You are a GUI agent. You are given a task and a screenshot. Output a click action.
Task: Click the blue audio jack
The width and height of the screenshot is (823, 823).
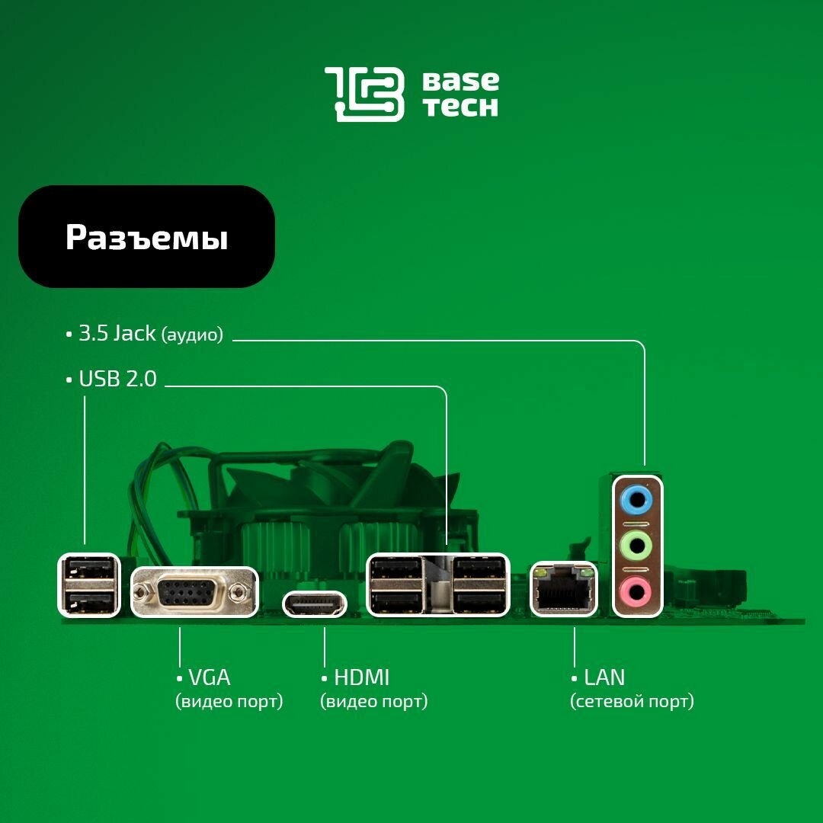coord(637,500)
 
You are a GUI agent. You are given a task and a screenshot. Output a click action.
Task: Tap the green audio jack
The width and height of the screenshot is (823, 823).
coord(637,545)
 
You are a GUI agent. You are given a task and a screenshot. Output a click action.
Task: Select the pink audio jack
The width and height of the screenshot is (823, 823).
coord(637,590)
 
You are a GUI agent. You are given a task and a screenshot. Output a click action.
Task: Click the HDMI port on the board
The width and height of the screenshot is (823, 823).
coord(315,604)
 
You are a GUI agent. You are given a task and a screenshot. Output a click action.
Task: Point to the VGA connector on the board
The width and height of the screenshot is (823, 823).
coord(194,591)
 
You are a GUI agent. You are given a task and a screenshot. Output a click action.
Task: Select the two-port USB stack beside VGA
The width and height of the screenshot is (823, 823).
coord(89,584)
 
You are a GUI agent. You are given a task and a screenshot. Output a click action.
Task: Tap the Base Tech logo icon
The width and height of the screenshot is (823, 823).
coord(364,94)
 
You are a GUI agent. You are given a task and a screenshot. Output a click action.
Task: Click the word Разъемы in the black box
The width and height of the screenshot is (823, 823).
coord(146,237)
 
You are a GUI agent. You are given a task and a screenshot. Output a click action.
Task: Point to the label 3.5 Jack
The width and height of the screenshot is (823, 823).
coord(117,334)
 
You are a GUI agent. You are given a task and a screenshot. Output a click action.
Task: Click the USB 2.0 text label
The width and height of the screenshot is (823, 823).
coord(117,379)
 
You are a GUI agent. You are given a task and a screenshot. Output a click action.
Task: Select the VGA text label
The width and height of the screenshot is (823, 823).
coord(209,677)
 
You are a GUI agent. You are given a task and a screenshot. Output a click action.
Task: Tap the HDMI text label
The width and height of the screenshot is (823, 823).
coord(361,677)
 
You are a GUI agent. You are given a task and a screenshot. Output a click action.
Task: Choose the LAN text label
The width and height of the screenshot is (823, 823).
coord(604,677)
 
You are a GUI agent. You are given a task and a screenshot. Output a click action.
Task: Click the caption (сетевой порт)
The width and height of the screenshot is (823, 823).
coord(632,701)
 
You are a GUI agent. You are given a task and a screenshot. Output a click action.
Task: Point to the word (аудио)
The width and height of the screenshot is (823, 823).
coord(192,335)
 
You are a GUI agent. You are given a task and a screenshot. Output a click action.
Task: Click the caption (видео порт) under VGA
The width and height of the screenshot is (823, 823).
coord(229,701)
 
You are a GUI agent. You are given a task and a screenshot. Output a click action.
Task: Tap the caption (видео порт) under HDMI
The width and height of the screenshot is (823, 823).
coord(373,701)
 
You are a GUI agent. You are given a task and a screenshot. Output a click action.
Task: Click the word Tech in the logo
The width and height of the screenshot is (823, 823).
coord(461,107)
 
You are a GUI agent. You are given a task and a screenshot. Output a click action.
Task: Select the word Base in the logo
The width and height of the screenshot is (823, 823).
coord(461,81)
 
